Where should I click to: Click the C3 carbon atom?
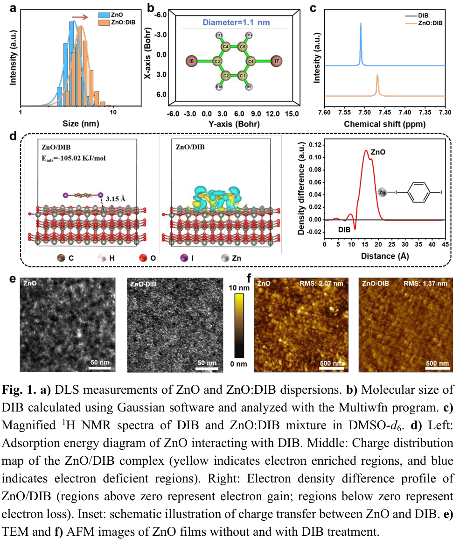(x=217, y=61)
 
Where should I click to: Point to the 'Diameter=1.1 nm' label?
(x=235, y=22)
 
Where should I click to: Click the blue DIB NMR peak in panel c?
(x=361, y=42)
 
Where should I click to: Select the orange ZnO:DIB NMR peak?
(x=377, y=84)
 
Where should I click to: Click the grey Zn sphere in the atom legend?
(x=224, y=257)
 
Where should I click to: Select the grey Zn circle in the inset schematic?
(x=382, y=191)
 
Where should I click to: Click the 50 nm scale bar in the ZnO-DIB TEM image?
(x=207, y=366)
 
